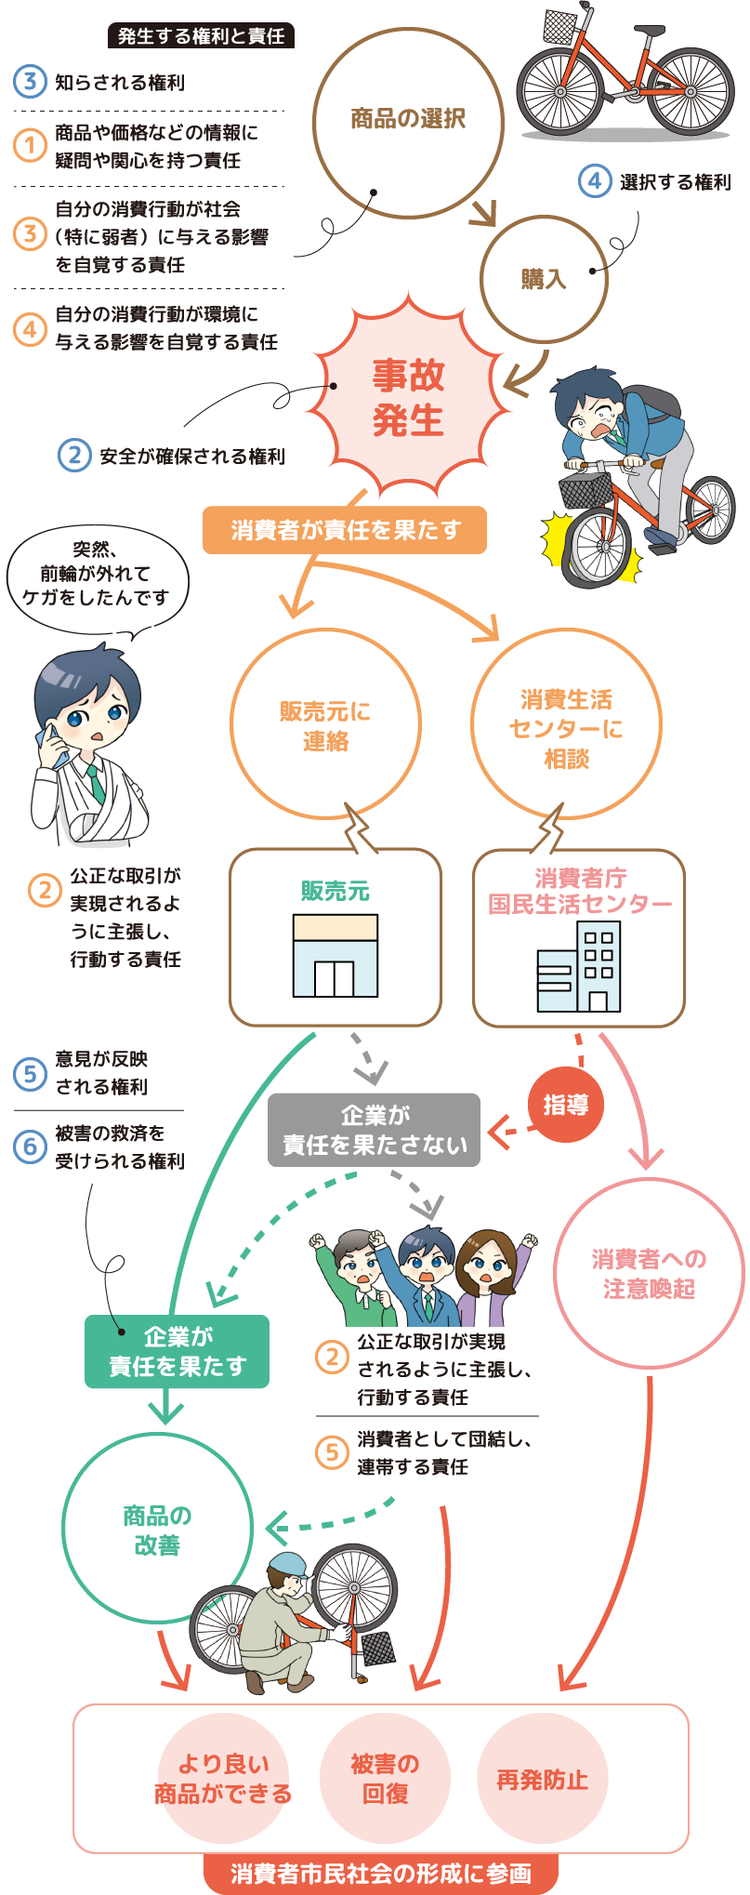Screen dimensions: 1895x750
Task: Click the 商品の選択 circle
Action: point(408,121)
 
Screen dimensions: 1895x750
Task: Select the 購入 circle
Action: point(544,278)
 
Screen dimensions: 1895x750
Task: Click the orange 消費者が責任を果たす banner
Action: point(345,530)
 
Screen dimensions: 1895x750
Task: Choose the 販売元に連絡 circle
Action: point(325,725)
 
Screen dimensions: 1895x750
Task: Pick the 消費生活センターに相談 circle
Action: point(566,727)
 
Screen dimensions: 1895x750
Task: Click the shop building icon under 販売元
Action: point(335,955)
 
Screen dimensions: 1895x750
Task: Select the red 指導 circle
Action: point(565,1105)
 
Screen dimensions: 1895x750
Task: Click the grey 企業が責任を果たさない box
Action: point(374,1130)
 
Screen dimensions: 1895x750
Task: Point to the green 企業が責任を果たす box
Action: point(177,1351)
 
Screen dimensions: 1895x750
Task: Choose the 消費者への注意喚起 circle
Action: point(649,1273)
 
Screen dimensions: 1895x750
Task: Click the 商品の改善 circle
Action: point(157,1530)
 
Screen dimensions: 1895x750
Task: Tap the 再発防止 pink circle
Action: point(542,1779)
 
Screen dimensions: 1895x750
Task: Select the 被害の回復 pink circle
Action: point(385,1778)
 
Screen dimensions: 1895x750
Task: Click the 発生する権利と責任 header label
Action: point(201,36)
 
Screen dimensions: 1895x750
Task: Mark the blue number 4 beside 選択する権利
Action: point(595,181)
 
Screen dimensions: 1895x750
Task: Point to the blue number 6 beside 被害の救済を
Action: point(30,1146)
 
